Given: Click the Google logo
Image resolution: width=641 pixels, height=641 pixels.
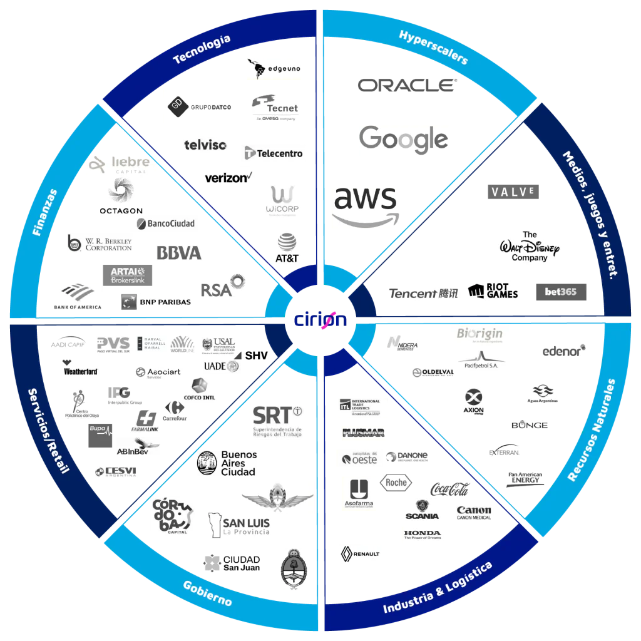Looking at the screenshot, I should click(403, 140).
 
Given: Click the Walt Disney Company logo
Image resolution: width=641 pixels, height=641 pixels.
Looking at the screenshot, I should click(530, 246).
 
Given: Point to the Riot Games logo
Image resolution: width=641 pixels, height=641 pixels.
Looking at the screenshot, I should click(494, 291).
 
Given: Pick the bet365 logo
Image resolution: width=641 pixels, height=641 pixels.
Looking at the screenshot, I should click(562, 291).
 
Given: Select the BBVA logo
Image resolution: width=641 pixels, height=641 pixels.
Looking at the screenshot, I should click(180, 253).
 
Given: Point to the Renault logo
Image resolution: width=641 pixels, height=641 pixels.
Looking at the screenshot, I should click(361, 553).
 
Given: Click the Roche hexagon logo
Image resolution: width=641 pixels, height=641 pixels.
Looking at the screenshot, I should click(396, 482).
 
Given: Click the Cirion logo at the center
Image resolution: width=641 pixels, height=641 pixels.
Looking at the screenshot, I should click(320, 319).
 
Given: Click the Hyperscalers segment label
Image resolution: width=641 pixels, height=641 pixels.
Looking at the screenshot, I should click(433, 48).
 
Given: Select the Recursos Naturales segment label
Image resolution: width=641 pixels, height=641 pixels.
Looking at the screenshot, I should click(592, 431).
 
